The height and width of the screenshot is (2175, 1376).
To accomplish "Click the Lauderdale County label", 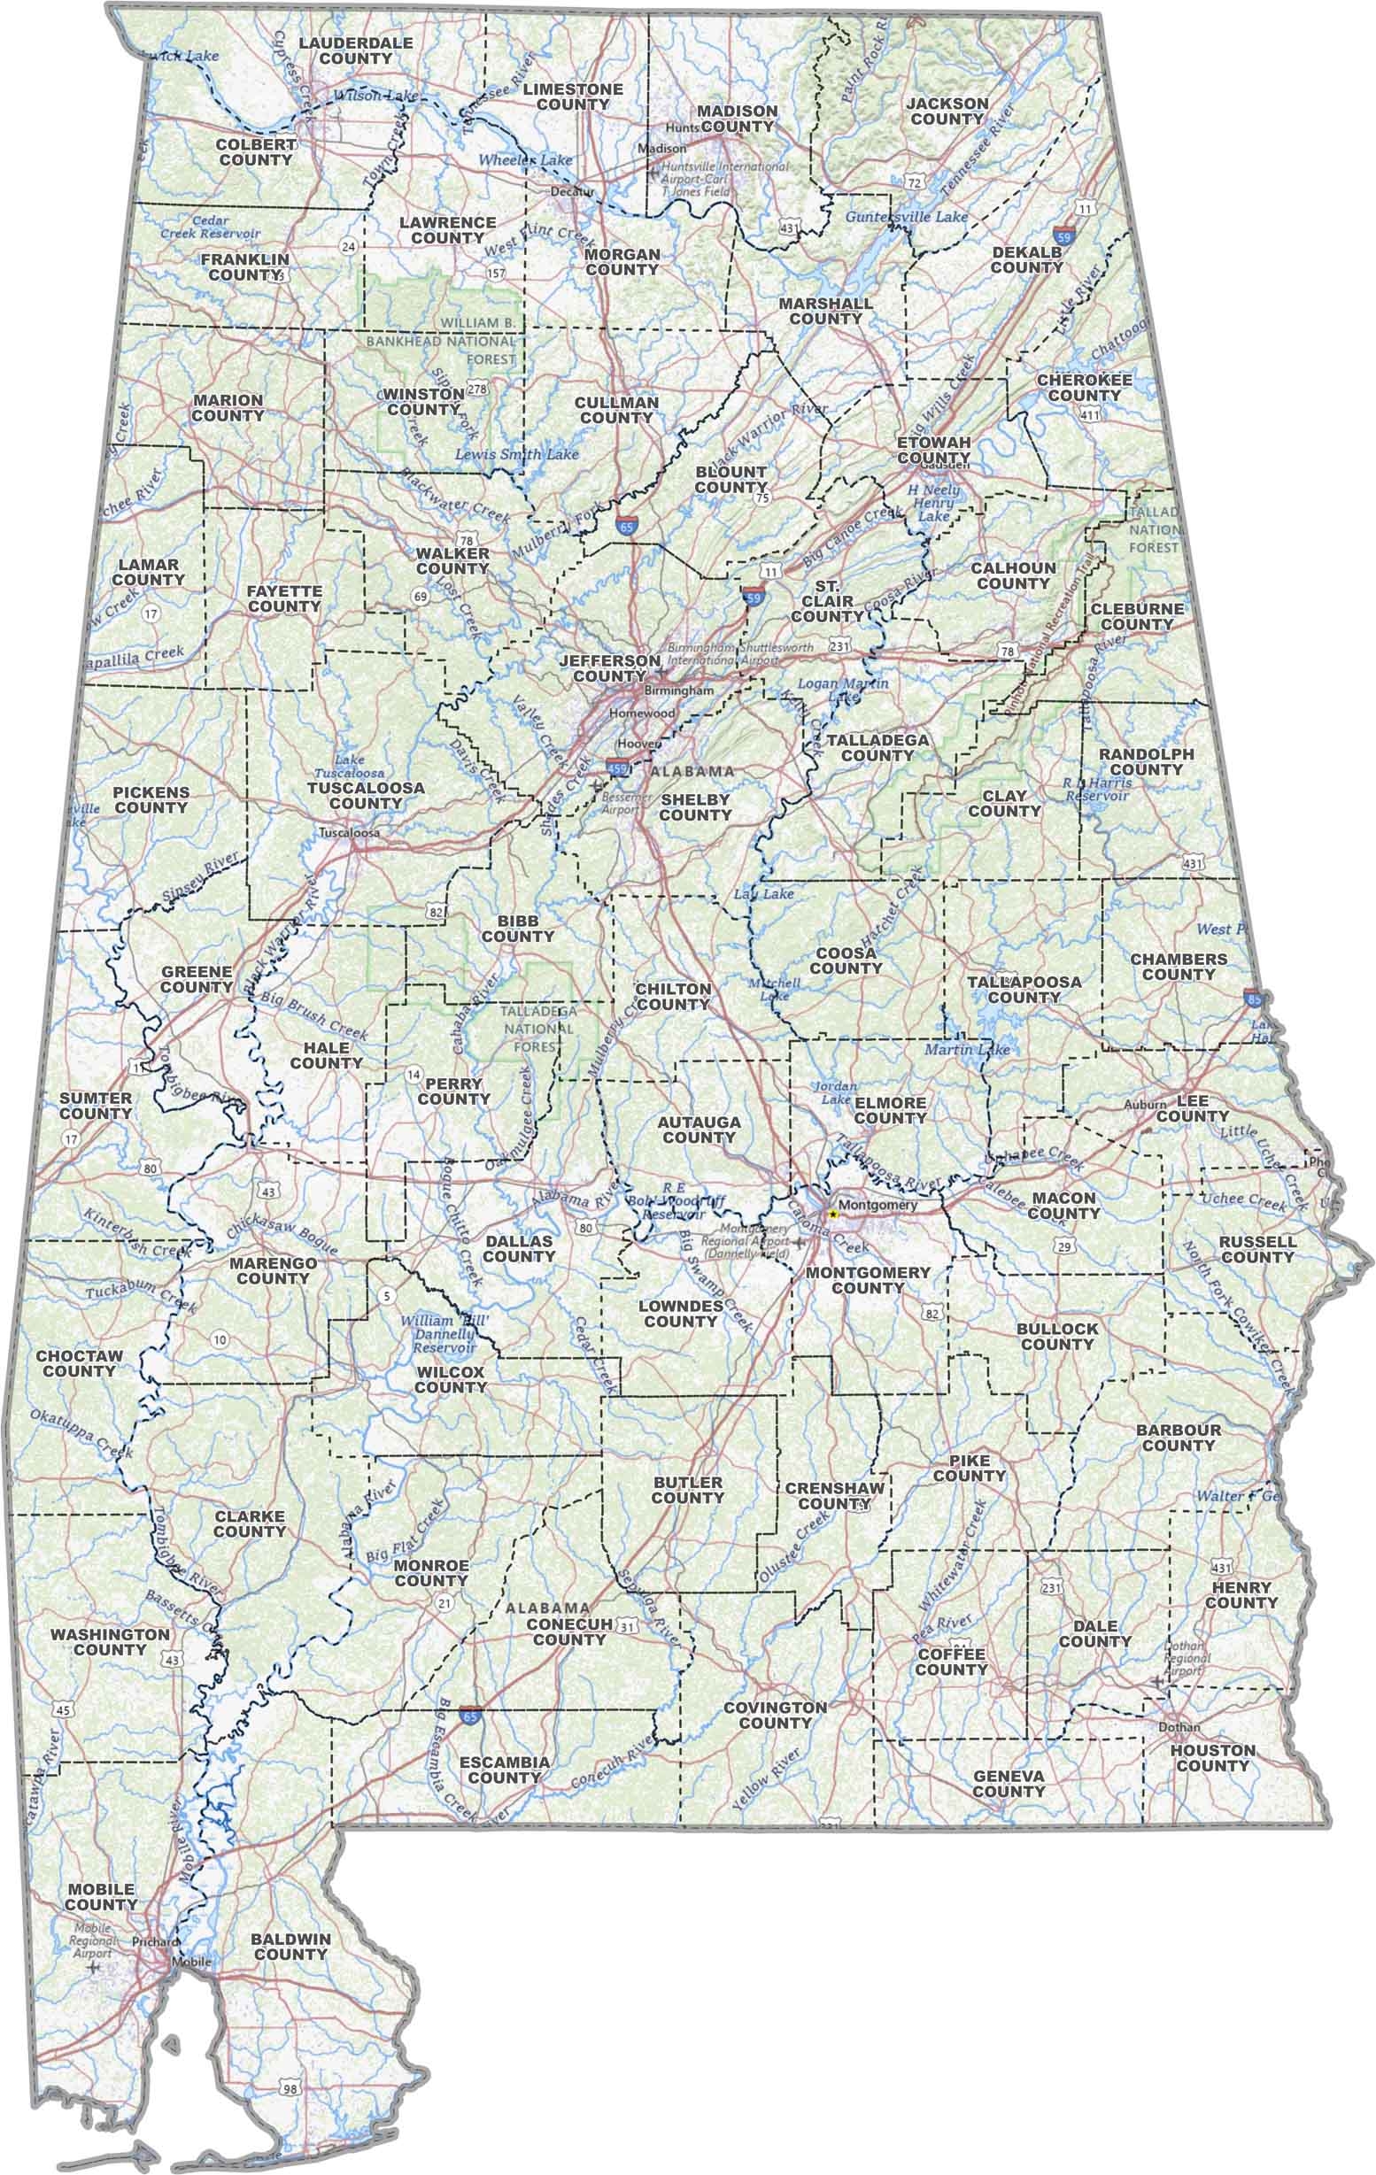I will coord(355,50).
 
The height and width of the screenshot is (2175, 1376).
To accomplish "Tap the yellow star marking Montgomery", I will coord(832,1213).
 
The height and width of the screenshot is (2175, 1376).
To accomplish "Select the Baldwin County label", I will coord(290,1947).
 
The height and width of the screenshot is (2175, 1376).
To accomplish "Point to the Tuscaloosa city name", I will coord(349,832).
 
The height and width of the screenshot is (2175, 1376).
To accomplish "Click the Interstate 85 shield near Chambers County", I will coord(1252,998).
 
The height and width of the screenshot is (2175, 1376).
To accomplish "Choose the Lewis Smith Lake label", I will coord(517,454).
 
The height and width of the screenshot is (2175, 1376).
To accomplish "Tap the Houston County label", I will coord(1212,1757).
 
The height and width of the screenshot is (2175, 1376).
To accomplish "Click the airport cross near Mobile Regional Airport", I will coord(94,1966).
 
